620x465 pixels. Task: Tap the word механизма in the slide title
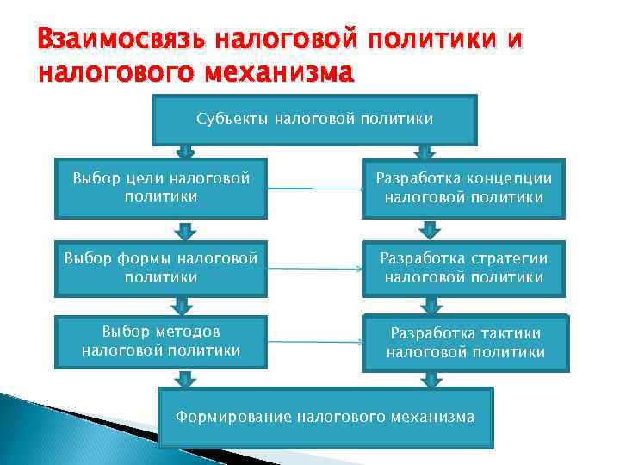click(280, 72)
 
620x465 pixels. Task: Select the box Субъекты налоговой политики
click(314, 120)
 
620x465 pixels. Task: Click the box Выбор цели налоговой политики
click(161, 188)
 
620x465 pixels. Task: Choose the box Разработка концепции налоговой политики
click(463, 188)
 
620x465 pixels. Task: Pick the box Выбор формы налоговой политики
click(161, 268)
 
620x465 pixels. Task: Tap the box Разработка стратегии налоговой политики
click(463, 268)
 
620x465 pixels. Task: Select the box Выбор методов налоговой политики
click(161, 341)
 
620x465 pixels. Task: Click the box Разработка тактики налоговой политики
click(465, 343)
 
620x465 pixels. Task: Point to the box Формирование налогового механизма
click(325, 418)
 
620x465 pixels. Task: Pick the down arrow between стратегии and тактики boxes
click(428, 305)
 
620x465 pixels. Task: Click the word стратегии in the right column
click(507, 258)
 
